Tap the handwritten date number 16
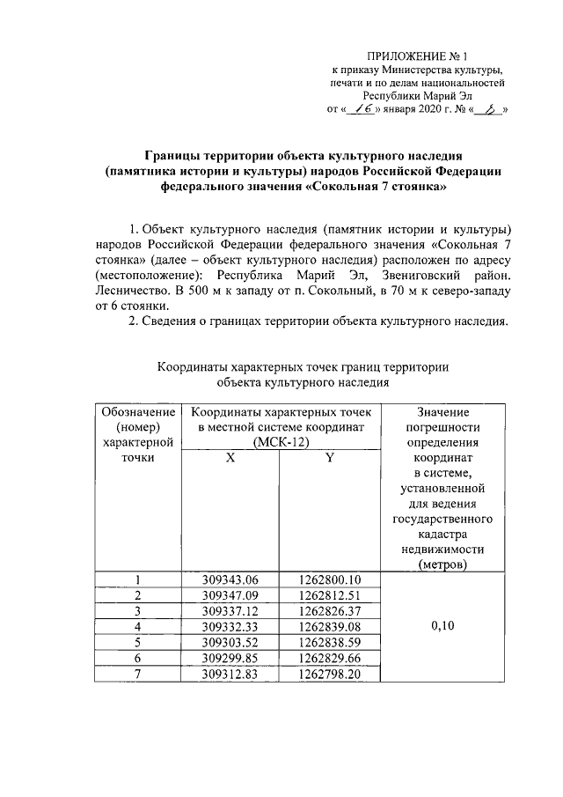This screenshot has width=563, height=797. [x=362, y=111]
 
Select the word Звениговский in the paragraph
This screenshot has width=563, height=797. [x=413, y=276]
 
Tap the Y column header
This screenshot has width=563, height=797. [x=328, y=459]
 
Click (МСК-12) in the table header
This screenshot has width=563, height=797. [x=279, y=442]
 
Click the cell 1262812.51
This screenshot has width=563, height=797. [x=328, y=595]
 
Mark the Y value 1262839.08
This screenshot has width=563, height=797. [x=328, y=626]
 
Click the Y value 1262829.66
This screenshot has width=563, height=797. [x=328, y=658]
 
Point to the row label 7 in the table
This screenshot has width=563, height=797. [x=137, y=674]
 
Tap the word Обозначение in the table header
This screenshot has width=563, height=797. [x=137, y=411]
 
